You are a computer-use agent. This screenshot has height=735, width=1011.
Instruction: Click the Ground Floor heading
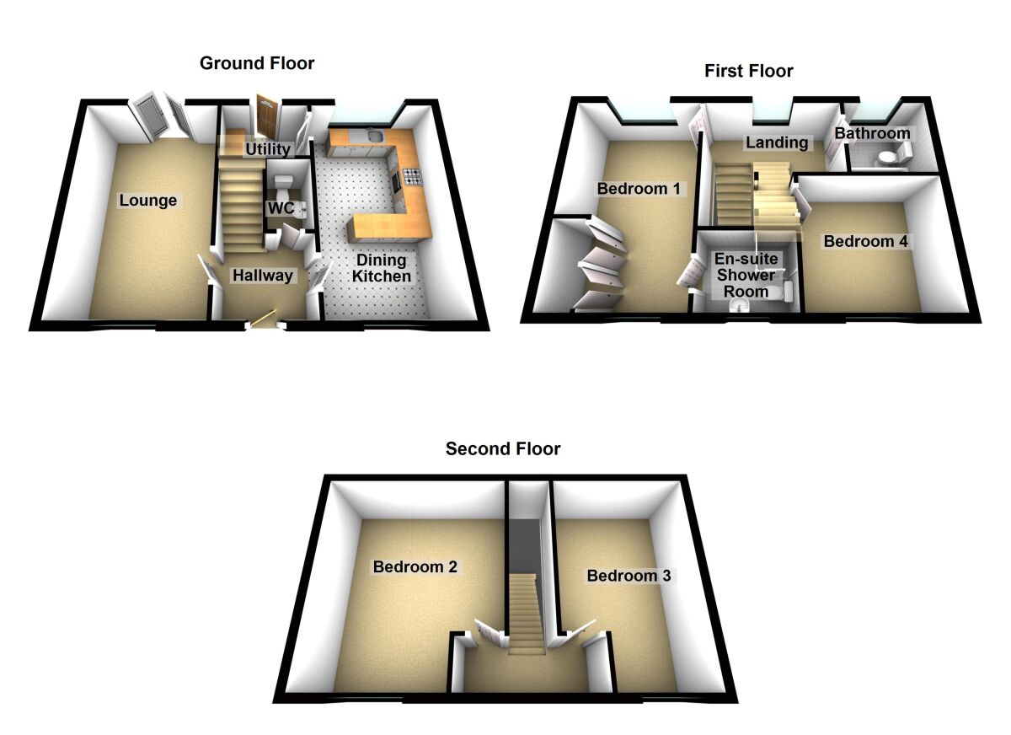pos(256,63)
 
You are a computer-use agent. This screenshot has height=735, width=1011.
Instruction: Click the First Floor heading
pos(748,71)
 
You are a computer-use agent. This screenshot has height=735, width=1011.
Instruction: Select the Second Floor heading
pos(503,448)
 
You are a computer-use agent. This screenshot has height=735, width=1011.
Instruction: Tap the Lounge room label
pos(148,201)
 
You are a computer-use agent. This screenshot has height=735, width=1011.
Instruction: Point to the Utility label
pos(268,150)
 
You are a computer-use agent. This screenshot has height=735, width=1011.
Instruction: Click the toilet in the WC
pos(284,184)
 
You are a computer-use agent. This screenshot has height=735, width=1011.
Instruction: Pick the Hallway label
pos(263,276)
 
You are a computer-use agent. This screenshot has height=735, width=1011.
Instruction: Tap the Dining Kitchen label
pos(382,268)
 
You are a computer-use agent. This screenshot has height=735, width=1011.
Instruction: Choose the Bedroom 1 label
pos(639,188)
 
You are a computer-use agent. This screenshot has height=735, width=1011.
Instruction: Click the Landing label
pos(776,142)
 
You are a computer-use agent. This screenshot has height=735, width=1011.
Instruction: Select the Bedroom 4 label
pos(865,242)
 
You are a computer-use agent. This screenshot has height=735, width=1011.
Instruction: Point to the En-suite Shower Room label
pos(746,275)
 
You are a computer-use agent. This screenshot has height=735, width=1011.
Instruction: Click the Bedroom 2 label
pos(415,567)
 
